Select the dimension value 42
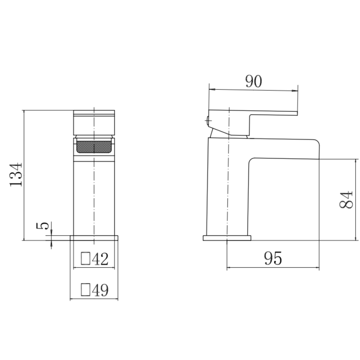pyautogui.click(x=99, y=259)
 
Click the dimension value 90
pyautogui.click(x=253, y=81)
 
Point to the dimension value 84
pyautogui.click(x=346, y=199)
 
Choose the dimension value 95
pyautogui.click(x=273, y=259)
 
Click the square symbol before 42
pyautogui.click(x=86, y=259)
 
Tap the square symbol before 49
pyautogui.click(x=86, y=290)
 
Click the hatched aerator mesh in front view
pyautogui.click(x=94, y=146)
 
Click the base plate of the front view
pyautogui.click(x=94, y=238)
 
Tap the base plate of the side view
pyautogui.click(x=227, y=238)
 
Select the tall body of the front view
pyautogui.click(x=94, y=197)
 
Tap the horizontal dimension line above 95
pyautogui.click(x=273, y=267)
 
